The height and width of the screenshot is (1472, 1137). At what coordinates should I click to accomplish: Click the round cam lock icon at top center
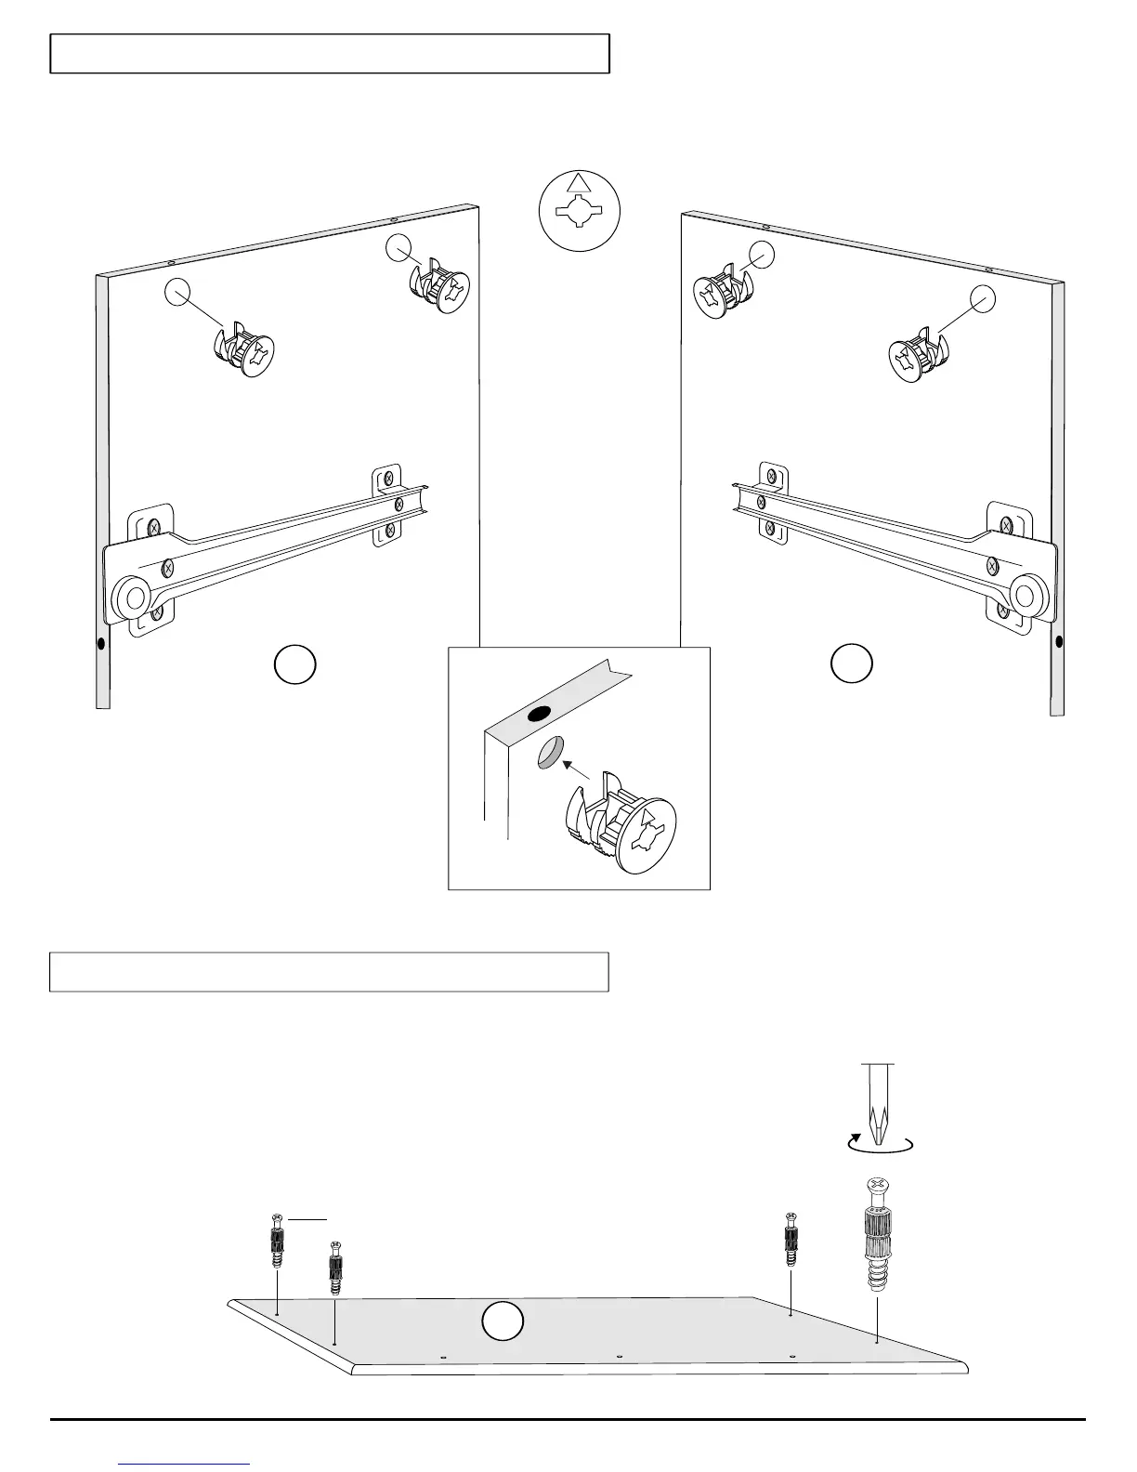(x=579, y=212)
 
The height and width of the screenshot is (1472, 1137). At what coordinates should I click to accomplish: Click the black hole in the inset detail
(x=537, y=715)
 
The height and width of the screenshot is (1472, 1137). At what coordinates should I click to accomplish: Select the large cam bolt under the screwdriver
(x=878, y=1237)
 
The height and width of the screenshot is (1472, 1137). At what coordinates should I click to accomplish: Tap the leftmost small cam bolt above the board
(x=277, y=1241)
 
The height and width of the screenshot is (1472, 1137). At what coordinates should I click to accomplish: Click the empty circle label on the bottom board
(x=503, y=1322)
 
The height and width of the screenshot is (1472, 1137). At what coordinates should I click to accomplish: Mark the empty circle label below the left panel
(x=294, y=666)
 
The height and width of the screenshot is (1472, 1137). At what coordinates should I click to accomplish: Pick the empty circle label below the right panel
(x=851, y=664)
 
